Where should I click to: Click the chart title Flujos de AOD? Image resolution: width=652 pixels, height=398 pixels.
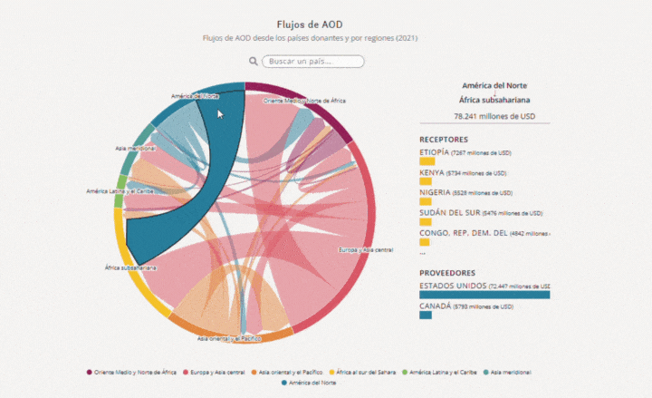coord(311,24)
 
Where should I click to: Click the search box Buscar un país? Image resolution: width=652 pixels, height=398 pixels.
coord(313,62)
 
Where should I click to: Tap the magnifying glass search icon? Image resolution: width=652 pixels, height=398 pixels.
coord(254,62)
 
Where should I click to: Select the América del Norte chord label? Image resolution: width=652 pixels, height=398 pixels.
coord(195,95)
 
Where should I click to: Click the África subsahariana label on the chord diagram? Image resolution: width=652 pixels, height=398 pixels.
coord(131,268)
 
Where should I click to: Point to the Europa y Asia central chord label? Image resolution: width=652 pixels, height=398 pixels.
coord(365,249)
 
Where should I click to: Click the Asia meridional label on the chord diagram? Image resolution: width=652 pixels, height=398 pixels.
coord(136,148)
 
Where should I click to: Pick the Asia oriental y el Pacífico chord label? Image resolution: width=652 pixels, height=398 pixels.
coord(229,338)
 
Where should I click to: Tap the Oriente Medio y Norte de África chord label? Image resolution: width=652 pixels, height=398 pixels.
coord(304,101)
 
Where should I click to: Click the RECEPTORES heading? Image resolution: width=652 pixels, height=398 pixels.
coord(444,140)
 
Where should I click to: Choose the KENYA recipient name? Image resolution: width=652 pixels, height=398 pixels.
coord(431,172)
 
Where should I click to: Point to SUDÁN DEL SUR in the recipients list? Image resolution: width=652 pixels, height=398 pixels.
coord(448,212)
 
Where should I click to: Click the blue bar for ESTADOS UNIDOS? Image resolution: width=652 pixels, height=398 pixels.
coord(484,294)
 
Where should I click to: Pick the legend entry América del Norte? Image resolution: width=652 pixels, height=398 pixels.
coord(312,383)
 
